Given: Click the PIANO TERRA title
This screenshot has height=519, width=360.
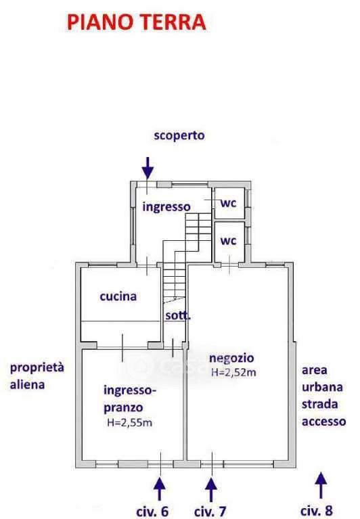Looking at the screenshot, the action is (x=137, y=22).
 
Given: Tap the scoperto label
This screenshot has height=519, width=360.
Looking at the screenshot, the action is (x=179, y=136).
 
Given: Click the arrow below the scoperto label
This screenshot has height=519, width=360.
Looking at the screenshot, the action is (x=148, y=168).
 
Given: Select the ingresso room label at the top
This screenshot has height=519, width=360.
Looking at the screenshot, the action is (x=166, y=207).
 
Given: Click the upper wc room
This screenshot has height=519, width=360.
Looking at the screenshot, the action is (x=229, y=203).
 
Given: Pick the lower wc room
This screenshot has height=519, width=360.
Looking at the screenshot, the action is (x=229, y=242).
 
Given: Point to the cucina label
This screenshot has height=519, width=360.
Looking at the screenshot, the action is (x=118, y=296).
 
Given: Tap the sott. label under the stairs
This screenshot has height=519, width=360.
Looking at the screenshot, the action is (x=178, y=315).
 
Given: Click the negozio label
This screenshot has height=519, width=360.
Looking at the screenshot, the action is (x=231, y=358).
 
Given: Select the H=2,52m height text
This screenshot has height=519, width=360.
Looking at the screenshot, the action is (x=233, y=372).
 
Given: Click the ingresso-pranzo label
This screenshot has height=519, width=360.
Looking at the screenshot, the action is (x=130, y=399).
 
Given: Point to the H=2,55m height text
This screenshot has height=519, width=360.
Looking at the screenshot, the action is (x=130, y=423).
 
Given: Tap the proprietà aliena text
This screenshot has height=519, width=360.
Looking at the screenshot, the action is (x=37, y=376).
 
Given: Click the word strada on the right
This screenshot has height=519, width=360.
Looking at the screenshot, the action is (x=320, y=404).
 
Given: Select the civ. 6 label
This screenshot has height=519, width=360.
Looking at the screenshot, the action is (x=152, y=512).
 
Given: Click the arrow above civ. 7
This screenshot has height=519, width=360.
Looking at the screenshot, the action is (x=211, y=489).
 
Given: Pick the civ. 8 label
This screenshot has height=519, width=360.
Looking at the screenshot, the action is (x=317, y=511).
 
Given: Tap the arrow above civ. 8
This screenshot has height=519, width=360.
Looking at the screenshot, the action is (x=321, y=485).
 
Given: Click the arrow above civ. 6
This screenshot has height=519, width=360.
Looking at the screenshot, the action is (x=160, y=489).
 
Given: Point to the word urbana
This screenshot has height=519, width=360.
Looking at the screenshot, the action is (x=322, y=387).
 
